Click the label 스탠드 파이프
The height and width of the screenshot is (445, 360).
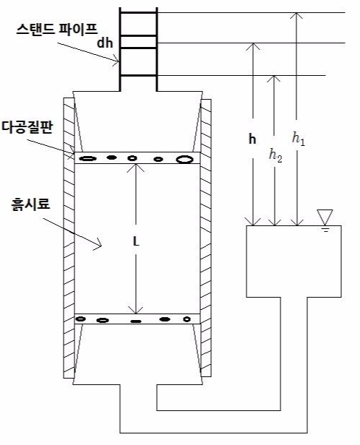pyautogui.click(x=57, y=29)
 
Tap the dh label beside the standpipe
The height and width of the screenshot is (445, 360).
pyautogui.click(x=105, y=43)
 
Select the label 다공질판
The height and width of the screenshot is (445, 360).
pyautogui.click(x=27, y=127)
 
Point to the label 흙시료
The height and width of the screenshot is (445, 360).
pyautogui.click(x=30, y=204)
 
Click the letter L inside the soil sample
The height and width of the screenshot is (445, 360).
pyautogui.click(x=137, y=242)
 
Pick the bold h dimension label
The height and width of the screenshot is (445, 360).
pyautogui.click(x=252, y=139)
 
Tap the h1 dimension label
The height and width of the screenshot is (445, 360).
pyautogui.click(x=299, y=139)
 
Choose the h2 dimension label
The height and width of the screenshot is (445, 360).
pyautogui.click(x=275, y=155)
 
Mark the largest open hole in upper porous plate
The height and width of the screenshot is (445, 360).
pyautogui.click(x=184, y=159)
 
